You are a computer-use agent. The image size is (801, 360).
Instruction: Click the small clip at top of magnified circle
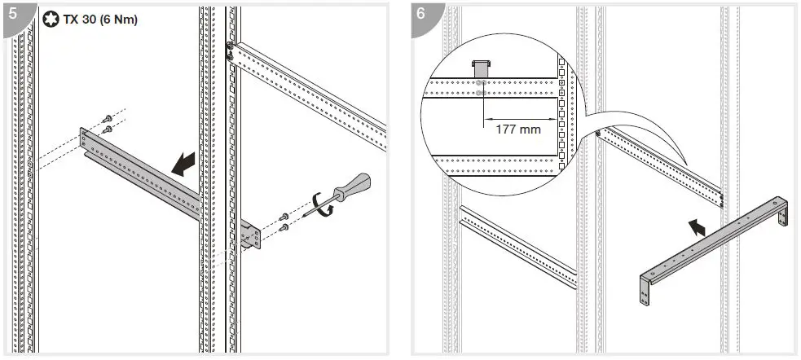[482, 65]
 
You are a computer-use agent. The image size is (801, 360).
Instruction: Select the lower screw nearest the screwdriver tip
[284, 228]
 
